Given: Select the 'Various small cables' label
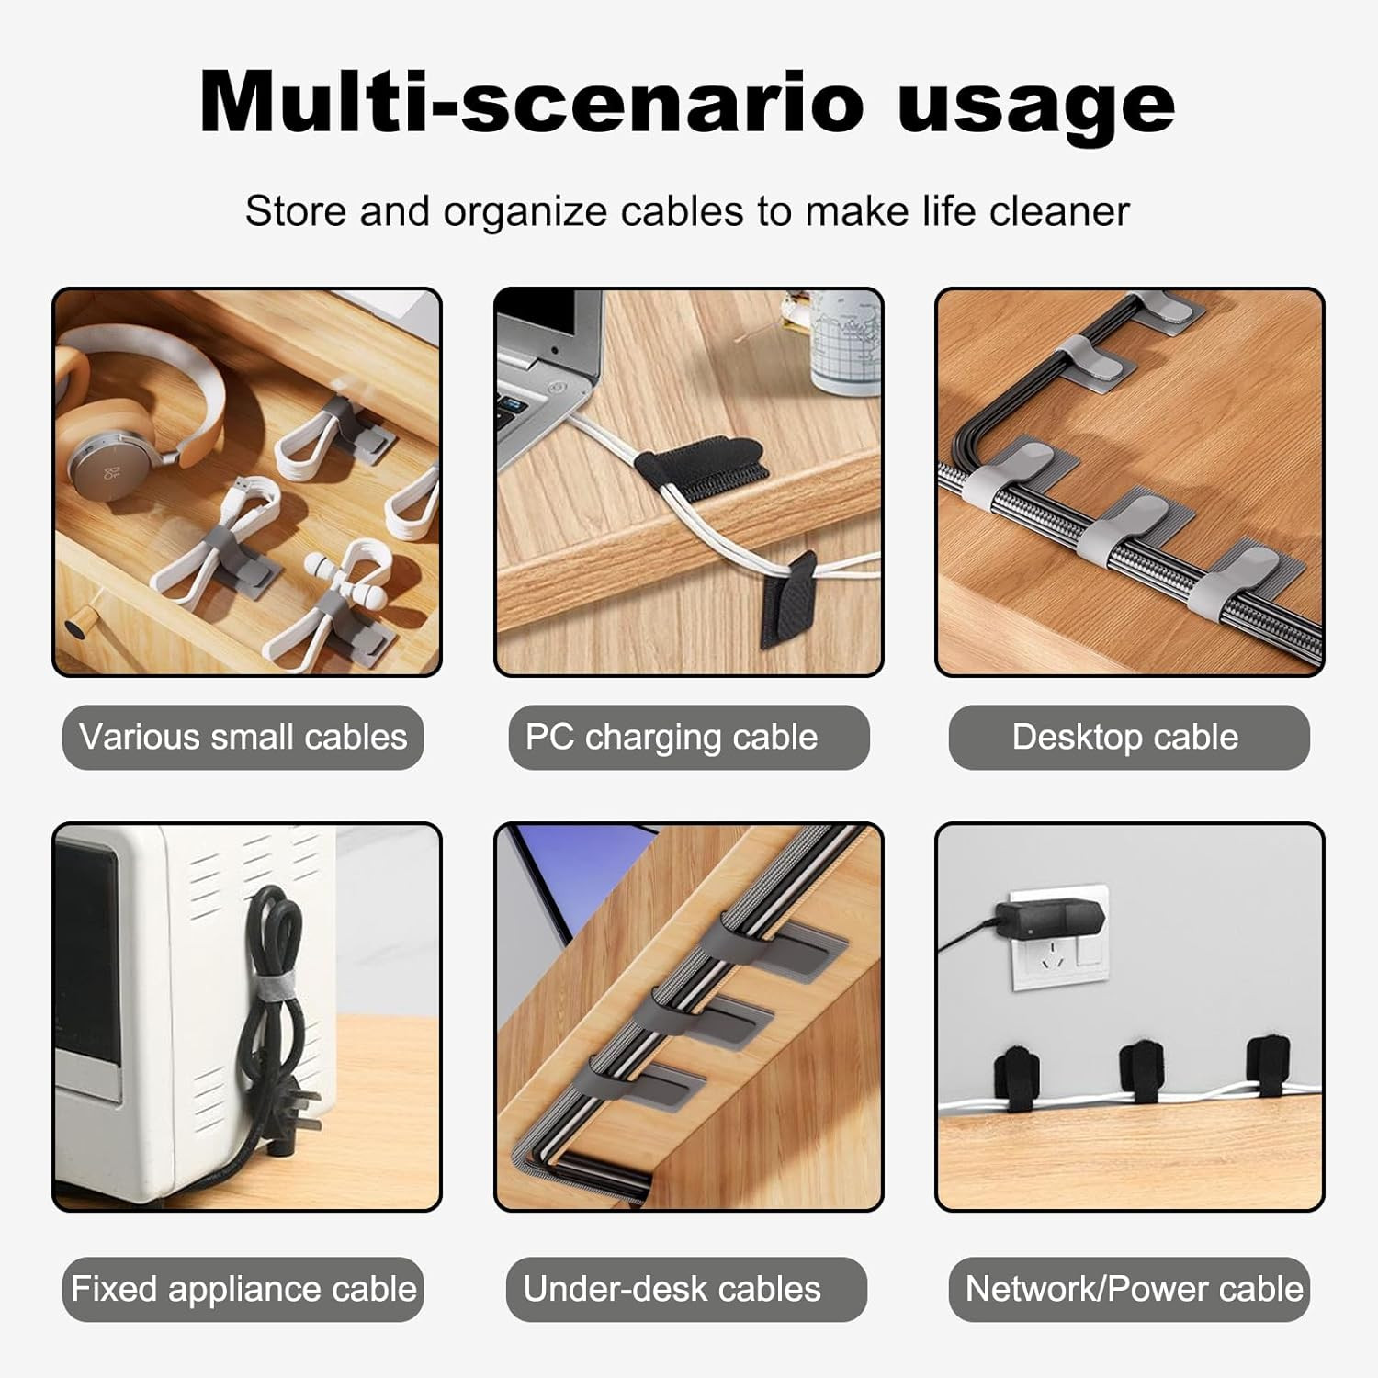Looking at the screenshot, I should [243, 737].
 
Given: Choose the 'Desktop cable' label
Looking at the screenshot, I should [1128, 737].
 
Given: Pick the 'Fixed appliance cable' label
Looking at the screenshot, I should [243, 1289].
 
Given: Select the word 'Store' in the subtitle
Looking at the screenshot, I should [296, 211].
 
